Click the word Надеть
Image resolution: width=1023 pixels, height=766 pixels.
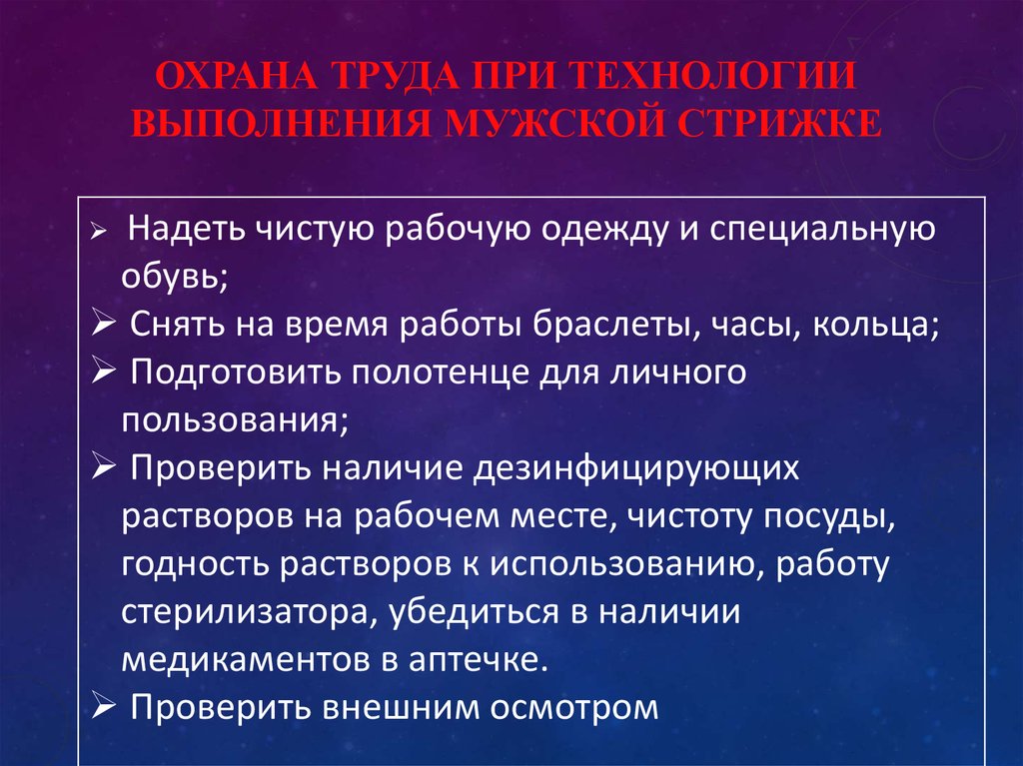(x=188, y=231)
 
